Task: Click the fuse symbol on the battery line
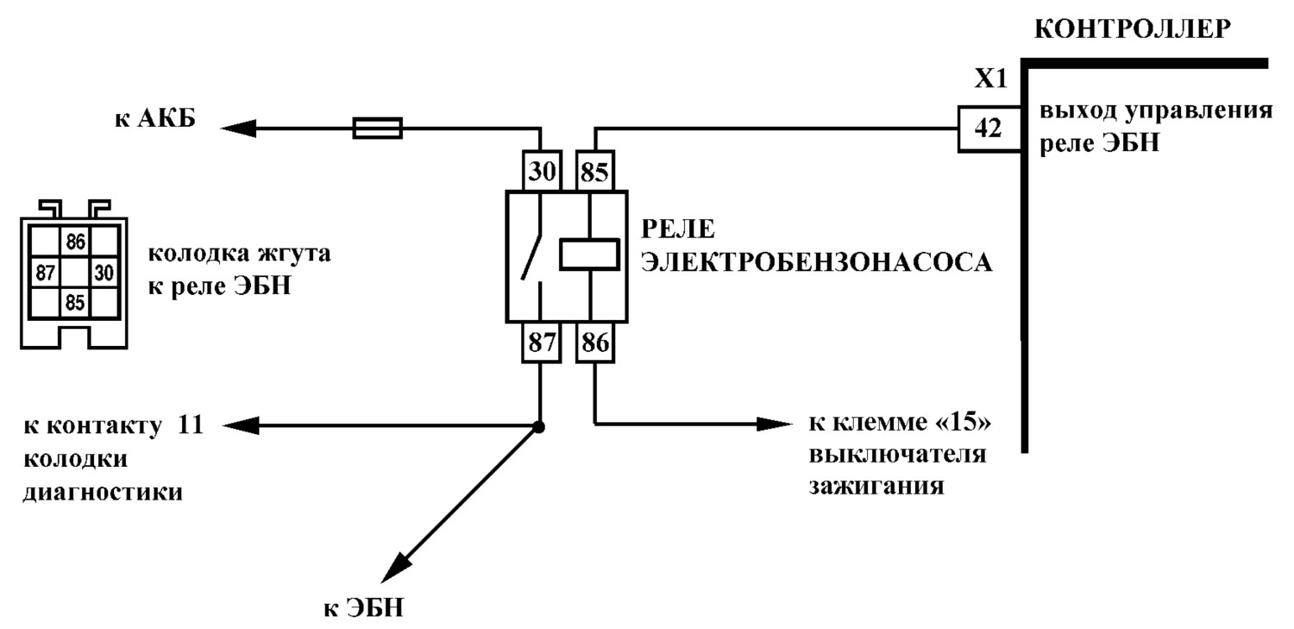pos(377,129)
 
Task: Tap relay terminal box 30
pos(541,171)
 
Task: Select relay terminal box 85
pos(595,171)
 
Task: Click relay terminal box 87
pos(541,343)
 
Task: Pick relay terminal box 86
pos(595,343)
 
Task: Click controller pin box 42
pos(989,129)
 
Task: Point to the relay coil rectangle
pos(589,255)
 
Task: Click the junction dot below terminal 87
pos(538,427)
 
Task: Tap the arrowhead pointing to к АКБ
pos(238,128)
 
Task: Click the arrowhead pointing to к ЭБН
pos(396,567)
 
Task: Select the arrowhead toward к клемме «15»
pos(774,425)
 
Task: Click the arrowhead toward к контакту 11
pos(241,426)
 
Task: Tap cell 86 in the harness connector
pos(75,242)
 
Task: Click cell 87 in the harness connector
pos(45,272)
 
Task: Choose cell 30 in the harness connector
pos(104,272)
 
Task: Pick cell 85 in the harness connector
pos(75,302)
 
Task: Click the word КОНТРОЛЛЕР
pos(1133,28)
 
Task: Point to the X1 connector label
pos(990,79)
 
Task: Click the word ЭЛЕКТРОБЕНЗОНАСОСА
pos(817,263)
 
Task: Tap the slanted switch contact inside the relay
pos(531,257)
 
